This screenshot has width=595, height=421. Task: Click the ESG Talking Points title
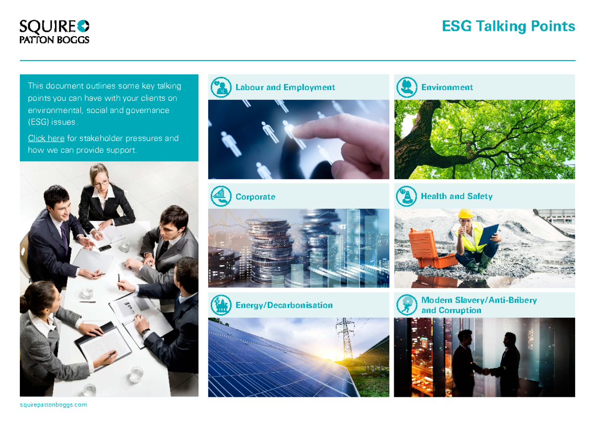coord(508,26)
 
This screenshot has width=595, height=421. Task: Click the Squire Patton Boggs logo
coord(54,32)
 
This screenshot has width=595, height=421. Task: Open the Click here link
coord(46,138)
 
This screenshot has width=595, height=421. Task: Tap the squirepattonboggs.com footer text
coord(53,405)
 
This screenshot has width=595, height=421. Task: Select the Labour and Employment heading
coord(285,87)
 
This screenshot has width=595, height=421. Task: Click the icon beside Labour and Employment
coord(221,87)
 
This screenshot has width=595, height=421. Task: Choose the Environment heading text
coord(447,87)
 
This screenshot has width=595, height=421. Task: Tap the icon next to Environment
coord(407,87)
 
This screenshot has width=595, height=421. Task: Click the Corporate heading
coord(255,197)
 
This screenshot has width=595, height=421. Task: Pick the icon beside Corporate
coord(221,196)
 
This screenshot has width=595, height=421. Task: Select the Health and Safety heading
coord(456,196)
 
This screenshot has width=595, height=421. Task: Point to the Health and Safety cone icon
coord(407,196)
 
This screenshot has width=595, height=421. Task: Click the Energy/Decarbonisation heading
coord(284,305)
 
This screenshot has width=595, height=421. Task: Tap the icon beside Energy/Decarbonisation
coord(221,305)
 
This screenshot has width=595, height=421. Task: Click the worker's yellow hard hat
coord(465,213)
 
